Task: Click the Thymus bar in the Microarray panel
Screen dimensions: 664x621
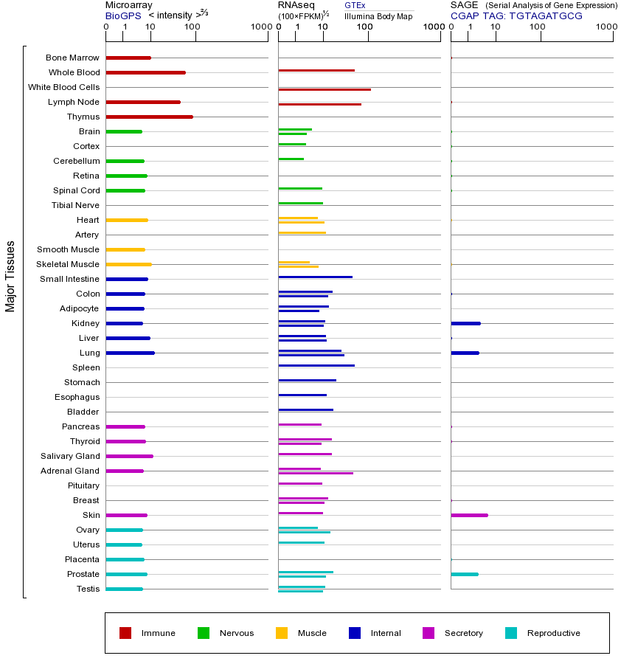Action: [149, 117]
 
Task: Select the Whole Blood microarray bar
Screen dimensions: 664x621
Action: [145, 72]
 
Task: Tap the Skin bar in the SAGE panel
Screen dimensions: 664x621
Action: [469, 515]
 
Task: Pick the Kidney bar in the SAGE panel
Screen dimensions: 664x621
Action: [465, 323]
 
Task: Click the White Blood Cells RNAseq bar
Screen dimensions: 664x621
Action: [325, 89]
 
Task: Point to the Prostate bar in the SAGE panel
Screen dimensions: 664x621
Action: [464, 574]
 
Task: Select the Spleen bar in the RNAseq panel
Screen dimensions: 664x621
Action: [316, 365]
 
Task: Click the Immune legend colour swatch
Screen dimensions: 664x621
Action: [125, 633]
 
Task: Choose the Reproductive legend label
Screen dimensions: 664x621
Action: [553, 633]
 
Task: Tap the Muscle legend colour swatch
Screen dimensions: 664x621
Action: [282, 633]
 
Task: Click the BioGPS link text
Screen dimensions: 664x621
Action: [122, 15]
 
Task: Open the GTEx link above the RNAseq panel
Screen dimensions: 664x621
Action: [355, 5]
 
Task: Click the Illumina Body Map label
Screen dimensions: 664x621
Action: [378, 16]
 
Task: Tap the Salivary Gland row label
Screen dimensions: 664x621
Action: [70, 456]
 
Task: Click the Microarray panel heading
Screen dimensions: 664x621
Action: [128, 5]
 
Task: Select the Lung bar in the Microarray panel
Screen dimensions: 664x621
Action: [130, 353]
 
